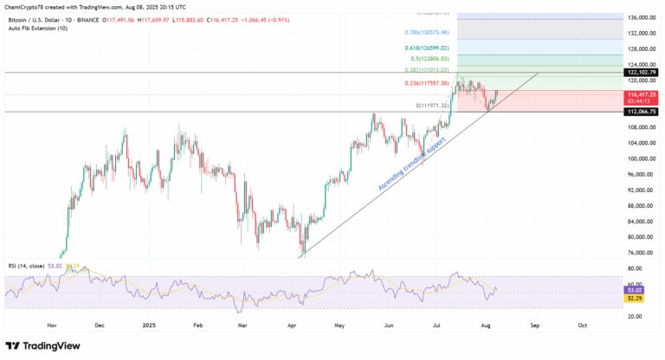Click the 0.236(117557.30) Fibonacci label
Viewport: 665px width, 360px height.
point(427,83)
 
